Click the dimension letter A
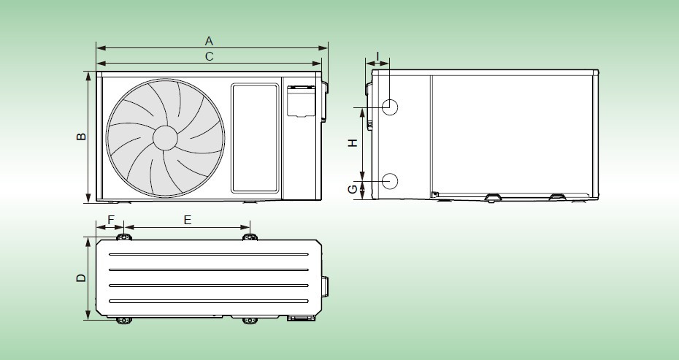[209, 41]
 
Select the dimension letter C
[209, 56]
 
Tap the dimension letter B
[81, 137]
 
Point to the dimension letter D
[81, 277]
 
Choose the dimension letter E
[187, 220]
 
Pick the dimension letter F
[111, 220]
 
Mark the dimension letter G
[353, 189]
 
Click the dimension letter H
[353, 142]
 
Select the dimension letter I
[377, 56]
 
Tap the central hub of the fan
[165, 138]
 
